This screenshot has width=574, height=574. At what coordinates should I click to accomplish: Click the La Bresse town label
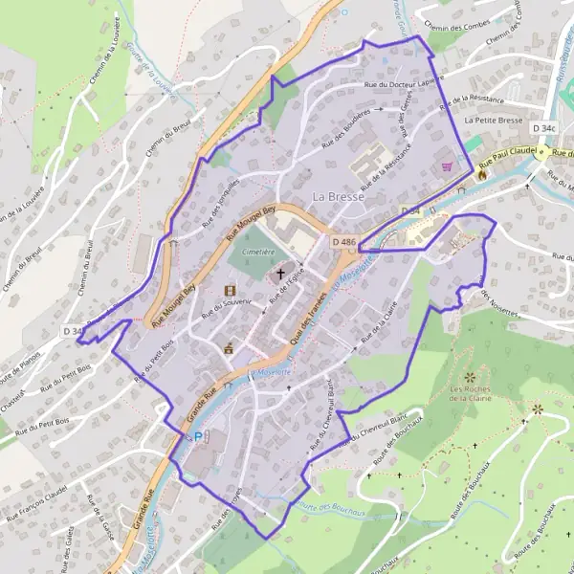[x=337, y=196]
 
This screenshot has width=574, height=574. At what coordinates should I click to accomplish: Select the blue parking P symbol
[x=198, y=436]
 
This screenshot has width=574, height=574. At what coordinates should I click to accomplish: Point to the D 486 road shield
[x=344, y=243]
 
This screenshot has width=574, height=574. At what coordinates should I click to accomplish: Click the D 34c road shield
[x=546, y=127]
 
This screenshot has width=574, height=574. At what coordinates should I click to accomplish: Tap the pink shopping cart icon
[x=445, y=166]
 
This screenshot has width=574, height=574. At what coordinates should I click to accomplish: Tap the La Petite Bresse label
[x=493, y=121]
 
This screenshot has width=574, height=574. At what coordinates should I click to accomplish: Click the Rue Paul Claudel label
[x=506, y=151]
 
